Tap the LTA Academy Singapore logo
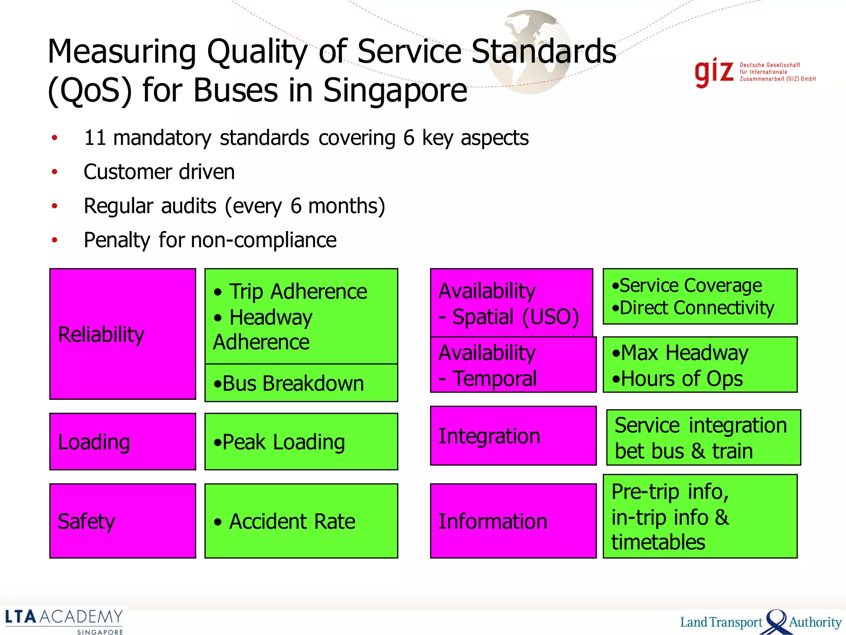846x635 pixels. tap(64, 621)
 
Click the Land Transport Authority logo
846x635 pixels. tap(760, 621)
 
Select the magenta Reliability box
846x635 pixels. tap(122, 334)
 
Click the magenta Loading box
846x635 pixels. tap(122, 441)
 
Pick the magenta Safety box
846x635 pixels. tap(122, 520)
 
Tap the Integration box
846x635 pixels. tap(513, 436)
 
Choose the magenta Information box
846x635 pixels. tap(513, 520)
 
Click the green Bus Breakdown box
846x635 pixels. tap(301, 383)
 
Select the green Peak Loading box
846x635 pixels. tap(301, 441)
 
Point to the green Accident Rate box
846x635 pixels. tap(301, 520)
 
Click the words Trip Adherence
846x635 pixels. tap(298, 291)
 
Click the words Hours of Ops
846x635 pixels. tap(682, 379)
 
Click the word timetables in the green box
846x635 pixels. tap(658, 542)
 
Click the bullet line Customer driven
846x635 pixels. tap(159, 172)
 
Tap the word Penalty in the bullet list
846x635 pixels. tap(117, 240)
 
